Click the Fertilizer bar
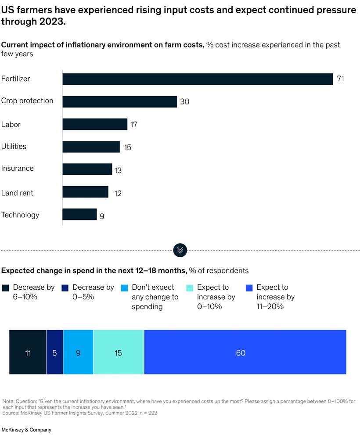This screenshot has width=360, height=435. point(198,79)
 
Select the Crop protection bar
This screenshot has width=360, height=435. point(119,101)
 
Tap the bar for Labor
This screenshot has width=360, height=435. point(95,124)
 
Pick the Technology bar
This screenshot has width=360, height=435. point(79,215)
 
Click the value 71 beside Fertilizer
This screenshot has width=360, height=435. point(340,79)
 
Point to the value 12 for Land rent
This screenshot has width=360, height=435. point(118,193)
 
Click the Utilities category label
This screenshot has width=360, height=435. point(14,146)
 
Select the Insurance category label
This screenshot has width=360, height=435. point(17,169)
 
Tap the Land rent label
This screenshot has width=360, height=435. point(17,193)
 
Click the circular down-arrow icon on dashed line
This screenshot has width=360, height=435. point(180,250)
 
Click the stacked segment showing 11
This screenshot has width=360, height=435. point(28,352)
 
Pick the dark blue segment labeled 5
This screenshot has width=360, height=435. point(54,352)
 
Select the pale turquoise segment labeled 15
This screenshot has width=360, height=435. point(119,352)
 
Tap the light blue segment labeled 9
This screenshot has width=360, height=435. point(78,352)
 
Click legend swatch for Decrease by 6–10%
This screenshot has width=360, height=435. point(5,288)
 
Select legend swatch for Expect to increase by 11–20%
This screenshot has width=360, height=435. point(249,288)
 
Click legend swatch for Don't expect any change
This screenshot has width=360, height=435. point(124,288)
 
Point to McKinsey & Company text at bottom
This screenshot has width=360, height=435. point(26,430)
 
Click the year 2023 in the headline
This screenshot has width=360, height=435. point(49,22)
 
